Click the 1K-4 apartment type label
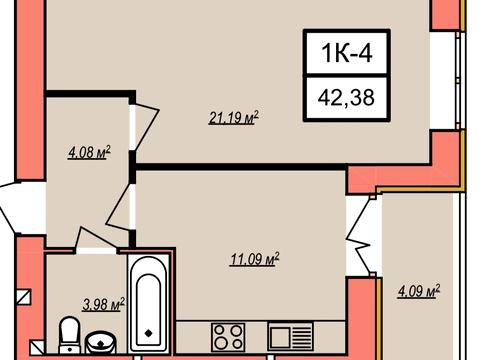click(x=347, y=53)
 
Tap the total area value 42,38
click(x=346, y=98)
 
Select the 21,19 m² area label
click(x=234, y=118)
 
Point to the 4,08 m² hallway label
click(x=89, y=153)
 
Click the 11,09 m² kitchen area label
click(x=254, y=259)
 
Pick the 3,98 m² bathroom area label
click(x=103, y=305)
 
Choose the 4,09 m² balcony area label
click(x=419, y=291)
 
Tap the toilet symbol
click(x=70, y=335)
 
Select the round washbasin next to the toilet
click(x=101, y=342)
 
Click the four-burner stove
click(x=228, y=336)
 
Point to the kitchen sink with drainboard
click(x=290, y=336)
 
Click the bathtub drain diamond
click(x=149, y=333)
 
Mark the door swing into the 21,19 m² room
click(x=146, y=125)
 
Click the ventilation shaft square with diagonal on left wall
click(x=24, y=296)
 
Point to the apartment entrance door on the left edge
click(x=10, y=207)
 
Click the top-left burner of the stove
click(x=220, y=330)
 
